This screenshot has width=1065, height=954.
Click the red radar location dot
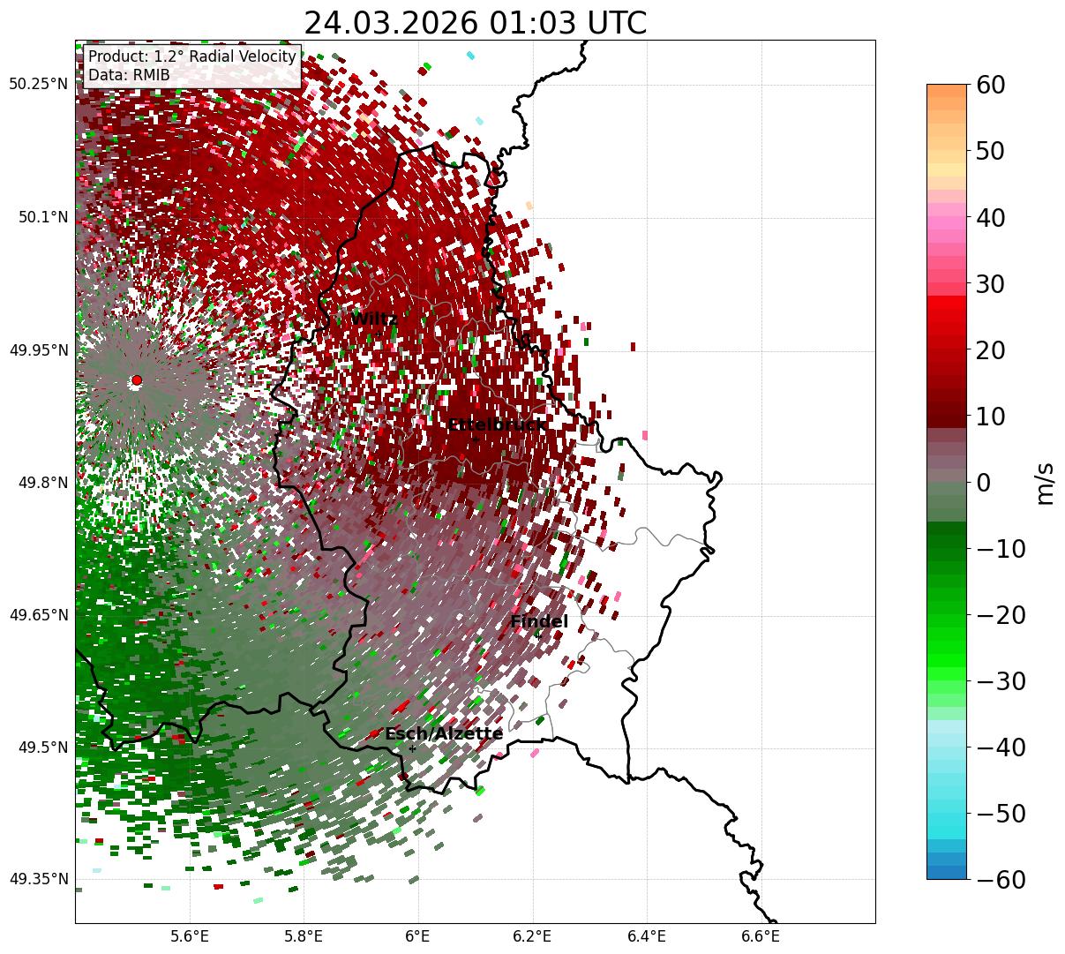pyautogui.click(x=136, y=380)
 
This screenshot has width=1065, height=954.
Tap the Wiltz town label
pyautogui.click(x=374, y=319)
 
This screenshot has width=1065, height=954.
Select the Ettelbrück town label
pyautogui.click(x=497, y=425)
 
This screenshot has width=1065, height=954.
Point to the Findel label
pyautogui.click(x=539, y=622)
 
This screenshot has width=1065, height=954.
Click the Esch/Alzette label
pyautogui.click(x=444, y=734)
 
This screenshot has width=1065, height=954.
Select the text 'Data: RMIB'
pyautogui.click(x=129, y=76)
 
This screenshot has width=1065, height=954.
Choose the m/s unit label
pyautogui.click(x=1045, y=482)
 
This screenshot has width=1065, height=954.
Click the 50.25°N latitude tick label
pyautogui.click(x=38, y=85)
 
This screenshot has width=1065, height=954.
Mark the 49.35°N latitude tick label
pyautogui.click(x=38, y=879)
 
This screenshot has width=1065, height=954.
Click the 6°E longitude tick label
pyautogui.click(x=417, y=935)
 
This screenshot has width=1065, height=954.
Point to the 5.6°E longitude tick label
pyautogui.click(x=189, y=935)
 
